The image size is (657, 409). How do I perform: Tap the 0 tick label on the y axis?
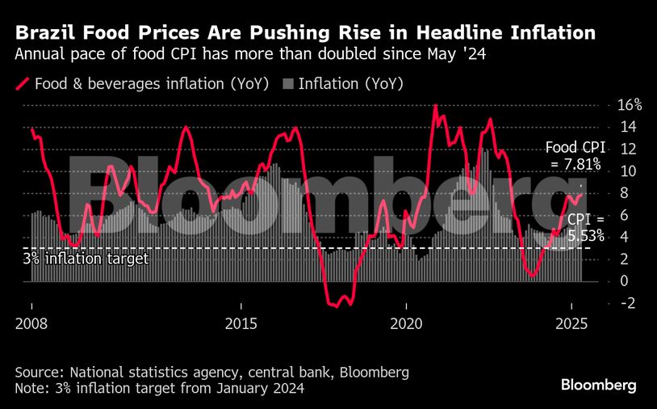click(621, 281)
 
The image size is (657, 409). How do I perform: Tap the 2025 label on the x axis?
click(571, 323)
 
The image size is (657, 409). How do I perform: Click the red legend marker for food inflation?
click(23, 83)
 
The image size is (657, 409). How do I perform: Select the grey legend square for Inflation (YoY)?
click(288, 83)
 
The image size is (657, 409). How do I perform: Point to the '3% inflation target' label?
click(84, 259)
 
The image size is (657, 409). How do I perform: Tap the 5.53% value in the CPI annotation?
click(585, 236)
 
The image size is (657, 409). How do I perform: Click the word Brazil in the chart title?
click(43, 33)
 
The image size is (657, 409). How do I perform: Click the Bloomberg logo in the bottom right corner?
click(599, 385)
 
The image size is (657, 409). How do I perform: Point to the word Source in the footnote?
click(39, 373)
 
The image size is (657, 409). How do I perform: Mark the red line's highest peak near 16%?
click(435, 106)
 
